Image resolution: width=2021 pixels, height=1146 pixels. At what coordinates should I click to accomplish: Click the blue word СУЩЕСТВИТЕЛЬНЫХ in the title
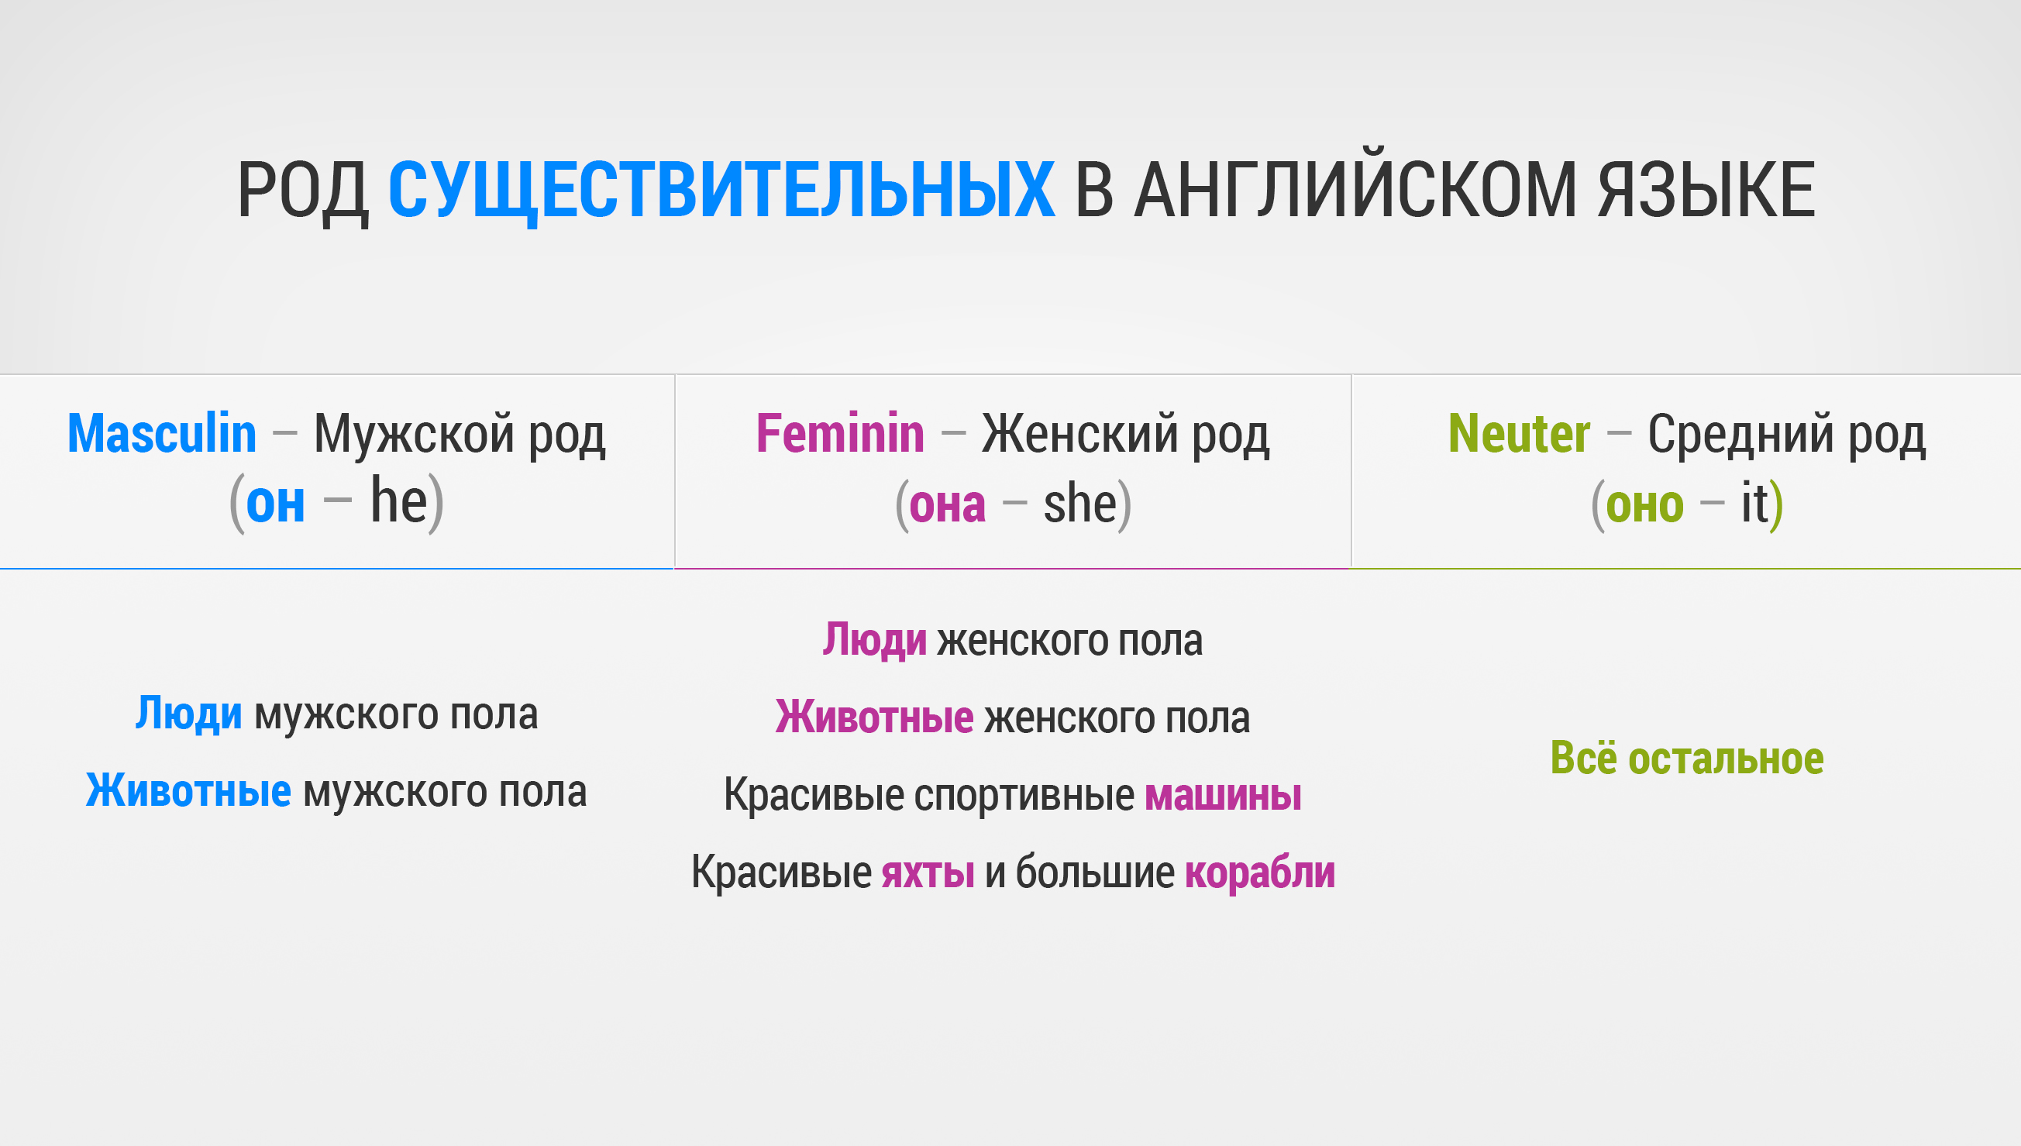pyautogui.click(x=721, y=191)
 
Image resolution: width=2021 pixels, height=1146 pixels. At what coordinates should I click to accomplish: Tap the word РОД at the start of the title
pyautogui.click(x=303, y=191)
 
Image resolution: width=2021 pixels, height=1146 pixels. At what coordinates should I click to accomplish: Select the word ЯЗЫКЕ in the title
pyautogui.click(x=1706, y=191)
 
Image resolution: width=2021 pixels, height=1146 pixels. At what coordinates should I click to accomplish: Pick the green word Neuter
pyautogui.click(x=1519, y=434)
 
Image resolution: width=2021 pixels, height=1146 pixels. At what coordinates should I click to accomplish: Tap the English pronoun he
pyautogui.click(x=399, y=501)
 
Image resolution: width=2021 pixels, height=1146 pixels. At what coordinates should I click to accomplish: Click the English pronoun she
pyautogui.click(x=1079, y=504)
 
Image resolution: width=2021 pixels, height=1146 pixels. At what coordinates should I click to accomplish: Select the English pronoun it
pyautogui.click(x=1754, y=504)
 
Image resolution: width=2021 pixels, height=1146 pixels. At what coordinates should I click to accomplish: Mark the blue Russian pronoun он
pyautogui.click(x=275, y=504)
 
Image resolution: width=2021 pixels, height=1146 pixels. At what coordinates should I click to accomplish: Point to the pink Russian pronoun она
pyautogui.click(x=947, y=505)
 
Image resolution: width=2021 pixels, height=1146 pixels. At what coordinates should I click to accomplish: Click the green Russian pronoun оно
pyautogui.click(x=1645, y=505)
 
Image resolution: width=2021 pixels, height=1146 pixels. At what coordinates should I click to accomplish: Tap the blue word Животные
pyautogui.click(x=189, y=791)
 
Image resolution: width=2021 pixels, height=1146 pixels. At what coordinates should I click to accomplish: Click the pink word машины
pyautogui.click(x=1223, y=796)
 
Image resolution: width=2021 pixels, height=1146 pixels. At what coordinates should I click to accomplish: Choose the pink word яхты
pyautogui.click(x=928, y=873)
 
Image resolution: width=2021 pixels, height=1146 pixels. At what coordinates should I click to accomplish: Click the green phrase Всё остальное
pyautogui.click(x=1687, y=758)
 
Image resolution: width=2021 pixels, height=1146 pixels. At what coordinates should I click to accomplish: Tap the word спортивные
pyautogui.click(x=1024, y=796)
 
